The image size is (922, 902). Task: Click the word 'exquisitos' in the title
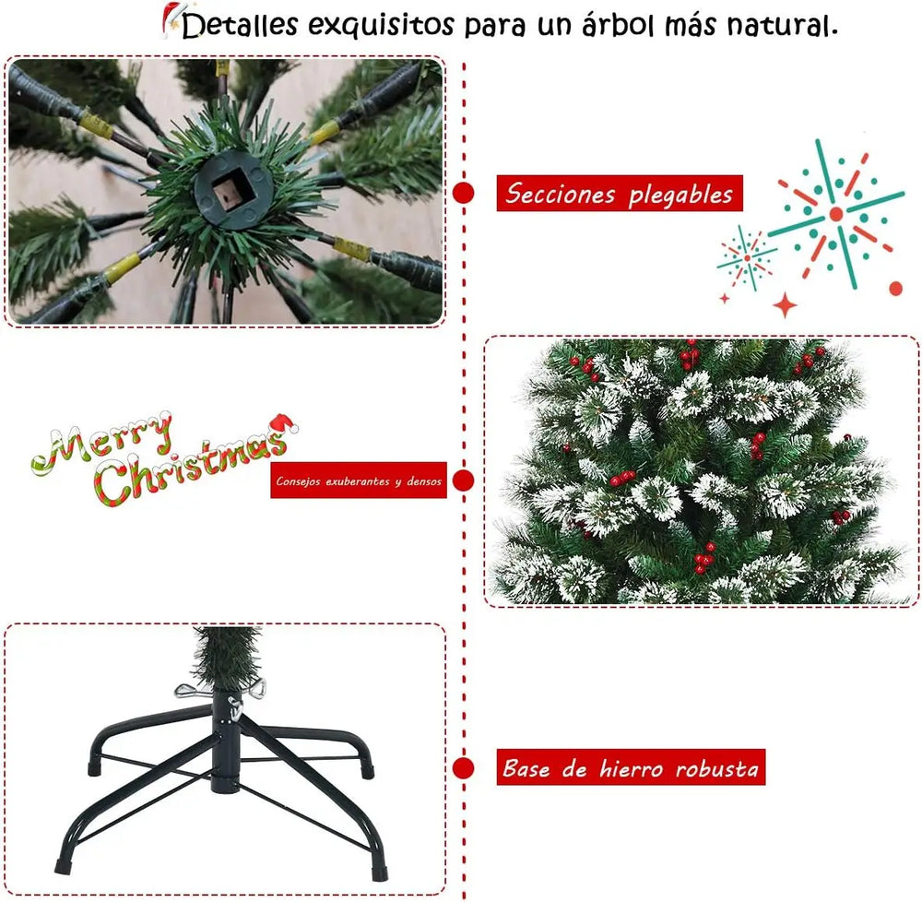pyautogui.click(x=381, y=25)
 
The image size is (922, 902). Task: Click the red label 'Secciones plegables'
pyautogui.click(x=619, y=194)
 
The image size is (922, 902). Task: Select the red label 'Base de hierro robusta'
pyautogui.click(x=632, y=767)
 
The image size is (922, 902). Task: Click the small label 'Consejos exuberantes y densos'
pyautogui.click(x=358, y=481)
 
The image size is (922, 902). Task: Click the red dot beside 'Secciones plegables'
pyautogui.click(x=464, y=193)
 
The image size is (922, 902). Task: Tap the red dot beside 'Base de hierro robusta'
pyautogui.click(x=464, y=767)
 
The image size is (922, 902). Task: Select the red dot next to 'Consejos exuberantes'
pyautogui.click(x=464, y=480)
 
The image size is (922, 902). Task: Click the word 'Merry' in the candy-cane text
pyautogui.click(x=101, y=441)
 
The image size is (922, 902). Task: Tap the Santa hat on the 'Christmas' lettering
pyautogui.click(x=284, y=424)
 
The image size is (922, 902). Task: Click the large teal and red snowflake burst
pyautogui.click(x=835, y=214)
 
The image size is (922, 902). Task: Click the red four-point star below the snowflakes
pyautogui.click(x=785, y=305)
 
